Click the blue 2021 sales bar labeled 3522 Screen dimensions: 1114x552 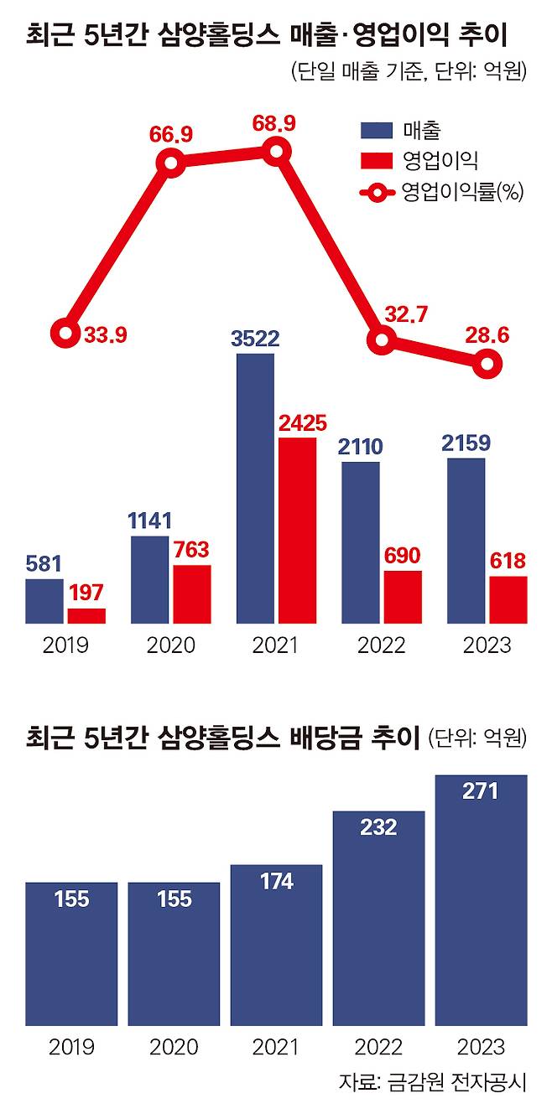[x=255, y=489]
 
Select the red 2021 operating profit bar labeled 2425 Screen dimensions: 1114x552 [x=297, y=531]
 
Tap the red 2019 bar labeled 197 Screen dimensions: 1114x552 [x=86, y=616]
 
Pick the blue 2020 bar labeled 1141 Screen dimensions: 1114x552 [x=149, y=580]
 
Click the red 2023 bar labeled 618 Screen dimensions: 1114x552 [x=508, y=600]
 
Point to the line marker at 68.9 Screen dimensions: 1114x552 [x=276, y=152]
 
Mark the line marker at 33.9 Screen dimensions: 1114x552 [x=65, y=334]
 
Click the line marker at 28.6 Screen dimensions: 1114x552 [x=487, y=364]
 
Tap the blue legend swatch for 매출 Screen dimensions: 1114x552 [x=377, y=130]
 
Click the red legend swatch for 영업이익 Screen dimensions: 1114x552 [x=377, y=160]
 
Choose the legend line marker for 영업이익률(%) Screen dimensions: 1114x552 [x=378, y=193]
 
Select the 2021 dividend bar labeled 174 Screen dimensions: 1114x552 [x=276, y=945]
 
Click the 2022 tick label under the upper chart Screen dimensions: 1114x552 [x=382, y=646]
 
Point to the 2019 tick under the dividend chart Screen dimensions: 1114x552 [x=71, y=1047]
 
